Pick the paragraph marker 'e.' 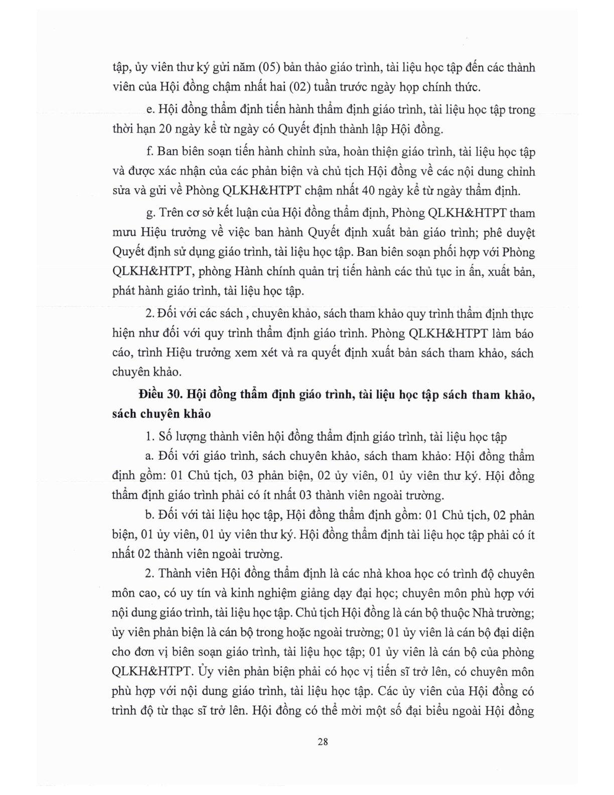[x=148, y=109]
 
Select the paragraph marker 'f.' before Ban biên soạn [x=148, y=151]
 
